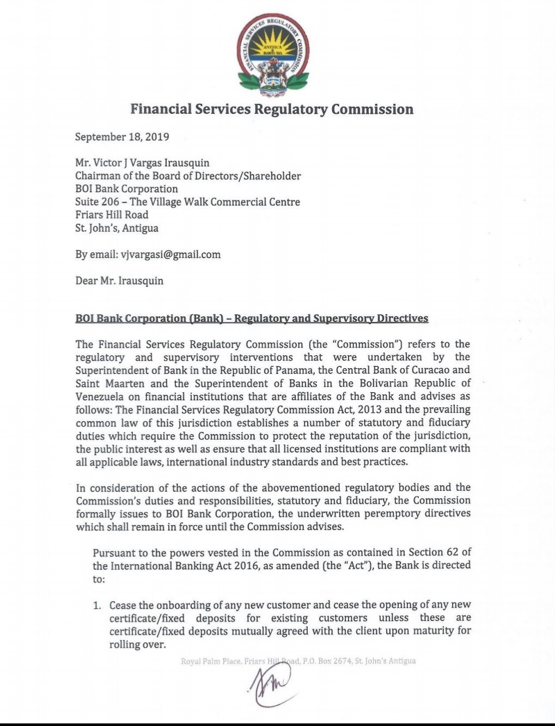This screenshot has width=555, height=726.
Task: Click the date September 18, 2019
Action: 122,137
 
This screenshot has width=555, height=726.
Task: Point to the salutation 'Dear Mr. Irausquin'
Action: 119,281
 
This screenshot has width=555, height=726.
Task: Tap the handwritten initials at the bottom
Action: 271,685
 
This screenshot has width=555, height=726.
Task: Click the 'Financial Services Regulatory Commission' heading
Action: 272,109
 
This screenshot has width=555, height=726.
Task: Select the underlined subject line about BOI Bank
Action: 252,318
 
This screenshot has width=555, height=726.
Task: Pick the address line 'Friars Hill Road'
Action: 112,215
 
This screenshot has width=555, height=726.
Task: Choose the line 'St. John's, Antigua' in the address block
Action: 117,228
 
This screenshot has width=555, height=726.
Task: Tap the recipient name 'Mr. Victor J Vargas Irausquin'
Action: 142,163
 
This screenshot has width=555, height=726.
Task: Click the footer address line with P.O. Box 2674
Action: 298,661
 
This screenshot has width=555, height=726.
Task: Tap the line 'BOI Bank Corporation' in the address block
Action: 126,189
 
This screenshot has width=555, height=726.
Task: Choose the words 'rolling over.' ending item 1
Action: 137,644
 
